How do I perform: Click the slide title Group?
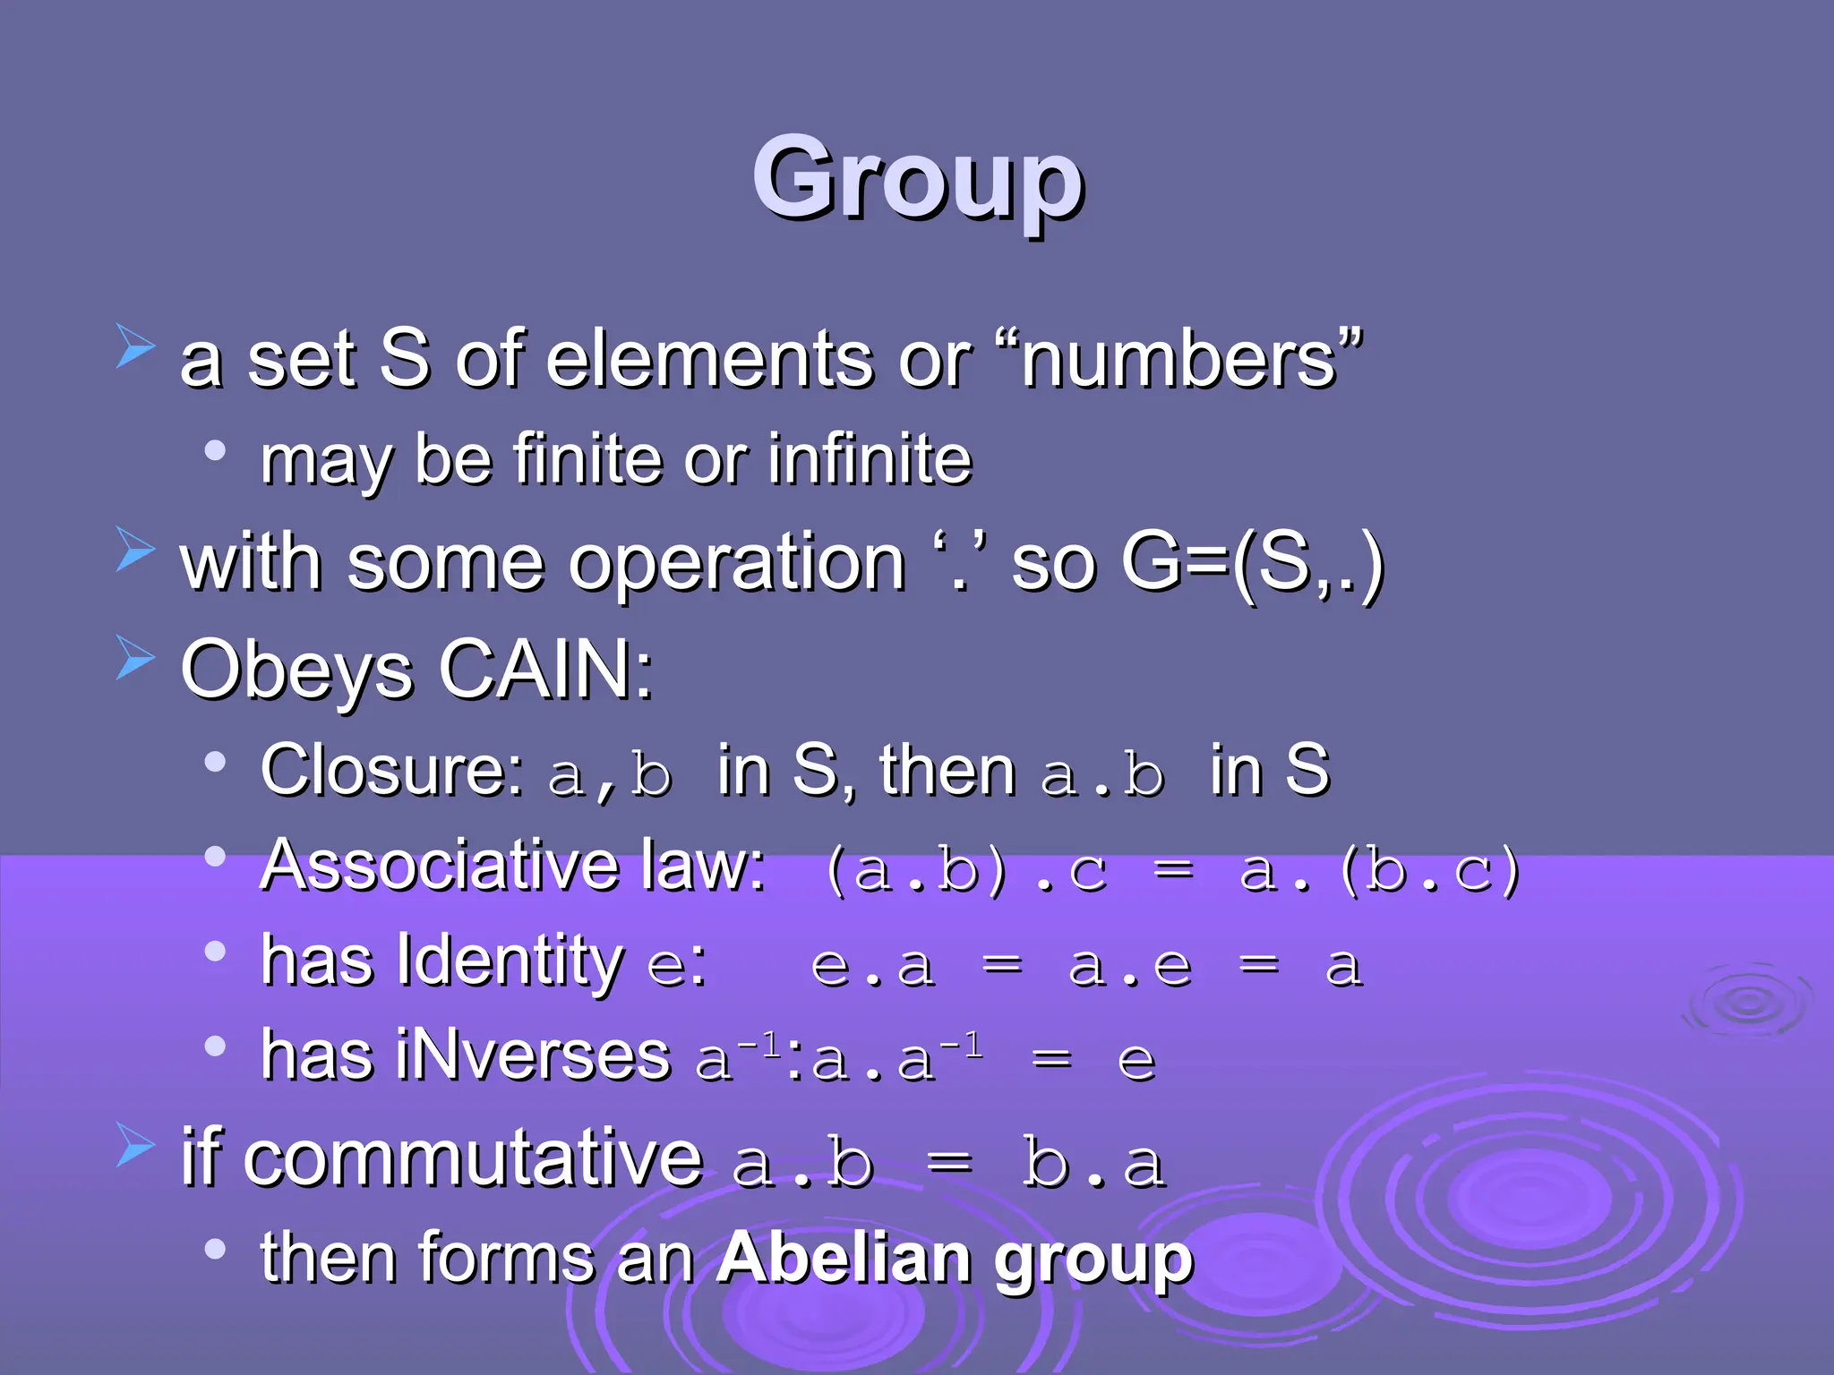coord(918,179)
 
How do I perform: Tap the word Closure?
coord(390,770)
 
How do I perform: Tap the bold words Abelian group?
coord(955,1259)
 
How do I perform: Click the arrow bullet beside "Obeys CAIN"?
coord(135,660)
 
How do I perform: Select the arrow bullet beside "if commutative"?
coord(135,1147)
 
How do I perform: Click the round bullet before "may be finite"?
coord(215,449)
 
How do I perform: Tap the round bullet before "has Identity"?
coord(215,951)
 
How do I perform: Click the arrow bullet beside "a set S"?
coord(135,347)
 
